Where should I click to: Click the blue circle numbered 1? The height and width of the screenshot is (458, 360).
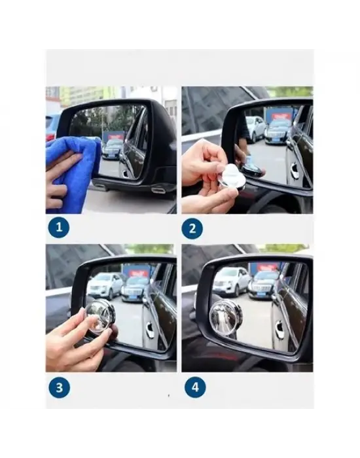[59, 227]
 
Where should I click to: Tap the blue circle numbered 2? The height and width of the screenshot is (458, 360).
[192, 228]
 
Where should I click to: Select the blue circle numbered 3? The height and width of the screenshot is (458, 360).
[60, 387]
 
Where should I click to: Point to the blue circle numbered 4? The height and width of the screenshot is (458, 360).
[195, 387]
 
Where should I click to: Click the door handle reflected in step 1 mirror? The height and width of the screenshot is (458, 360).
[126, 173]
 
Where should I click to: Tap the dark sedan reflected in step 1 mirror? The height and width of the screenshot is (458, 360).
[112, 149]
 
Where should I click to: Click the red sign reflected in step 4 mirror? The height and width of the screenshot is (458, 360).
[266, 268]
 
